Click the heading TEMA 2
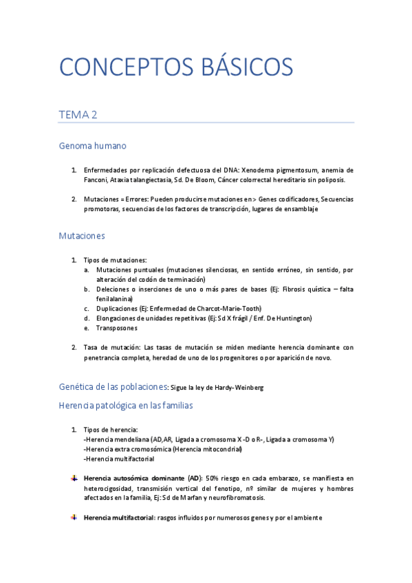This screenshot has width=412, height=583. pyautogui.click(x=78, y=115)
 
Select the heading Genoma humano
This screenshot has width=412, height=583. pyautogui.click(x=92, y=146)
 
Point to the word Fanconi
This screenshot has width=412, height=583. pyautogui.click(x=95, y=179)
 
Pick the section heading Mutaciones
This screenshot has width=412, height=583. pyautogui.click(x=82, y=235)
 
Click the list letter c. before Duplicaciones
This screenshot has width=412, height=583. pyautogui.click(x=87, y=309)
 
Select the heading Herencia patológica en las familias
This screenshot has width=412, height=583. pyautogui.click(x=126, y=406)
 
